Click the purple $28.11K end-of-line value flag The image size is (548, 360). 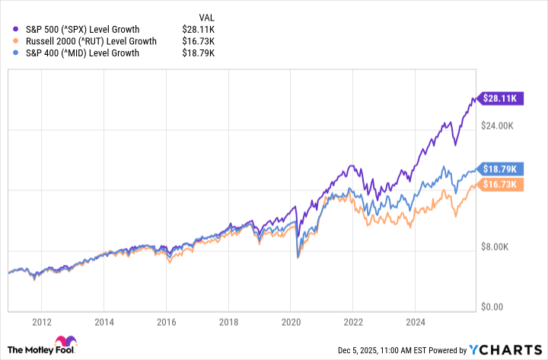click(499, 98)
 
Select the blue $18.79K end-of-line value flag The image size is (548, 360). click(499, 168)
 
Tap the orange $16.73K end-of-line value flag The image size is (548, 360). click(499, 184)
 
